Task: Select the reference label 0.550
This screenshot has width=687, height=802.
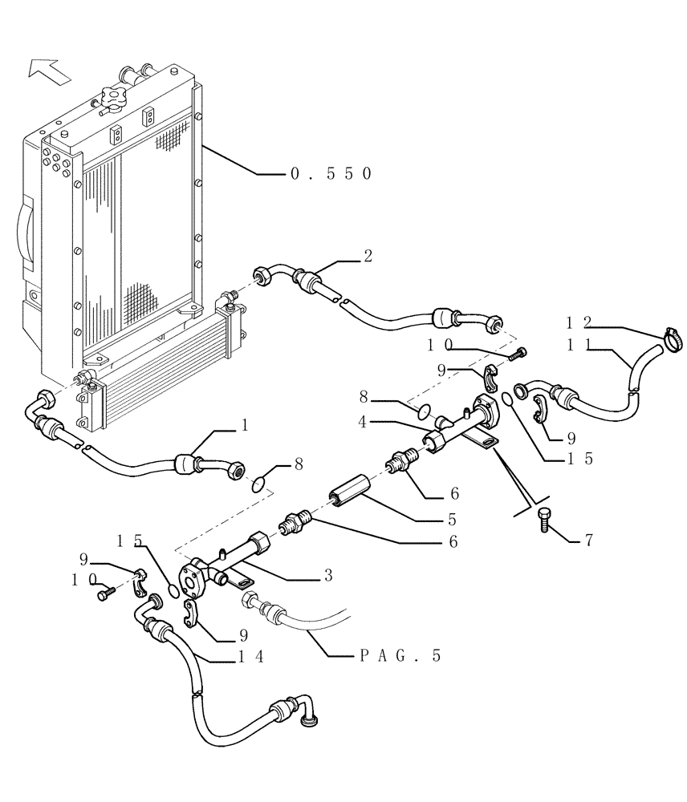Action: [330, 173]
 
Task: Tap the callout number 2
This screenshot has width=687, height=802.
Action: [368, 256]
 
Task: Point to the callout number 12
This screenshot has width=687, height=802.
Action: [579, 322]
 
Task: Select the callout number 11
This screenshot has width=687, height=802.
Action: [579, 344]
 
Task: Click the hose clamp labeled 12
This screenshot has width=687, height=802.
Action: [672, 341]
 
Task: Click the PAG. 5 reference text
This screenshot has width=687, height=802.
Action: [400, 656]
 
